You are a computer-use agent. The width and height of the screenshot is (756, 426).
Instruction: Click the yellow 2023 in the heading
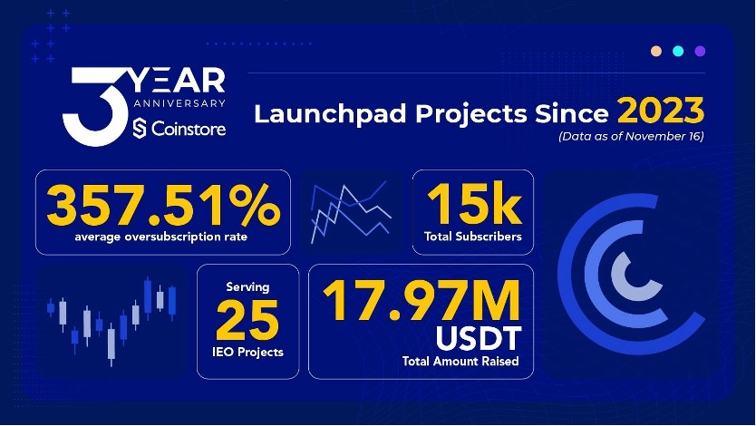click(x=661, y=111)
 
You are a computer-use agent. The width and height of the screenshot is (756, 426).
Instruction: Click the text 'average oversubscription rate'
click(x=161, y=237)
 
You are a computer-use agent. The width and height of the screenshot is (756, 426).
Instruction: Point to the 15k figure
click(x=473, y=204)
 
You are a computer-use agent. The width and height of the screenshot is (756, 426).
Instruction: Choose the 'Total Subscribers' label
click(x=473, y=237)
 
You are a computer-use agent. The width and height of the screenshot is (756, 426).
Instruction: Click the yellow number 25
click(x=247, y=320)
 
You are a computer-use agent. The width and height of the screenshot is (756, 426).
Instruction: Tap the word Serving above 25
click(x=247, y=287)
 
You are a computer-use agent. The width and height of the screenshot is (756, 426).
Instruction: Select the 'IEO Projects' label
click(x=247, y=353)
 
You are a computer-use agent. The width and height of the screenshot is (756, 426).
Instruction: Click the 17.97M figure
click(x=422, y=300)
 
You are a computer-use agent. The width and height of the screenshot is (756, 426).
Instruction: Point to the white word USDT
click(x=479, y=338)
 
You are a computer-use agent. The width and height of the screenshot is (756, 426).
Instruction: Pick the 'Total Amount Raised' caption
click(x=460, y=362)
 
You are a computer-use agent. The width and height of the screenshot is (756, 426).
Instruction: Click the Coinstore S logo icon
click(x=140, y=128)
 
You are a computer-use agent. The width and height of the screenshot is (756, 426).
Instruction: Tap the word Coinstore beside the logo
click(x=189, y=129)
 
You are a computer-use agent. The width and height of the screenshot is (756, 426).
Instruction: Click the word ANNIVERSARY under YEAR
click(x=179, y=103)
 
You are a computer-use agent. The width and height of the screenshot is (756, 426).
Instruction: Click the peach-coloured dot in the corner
click(x=656, y=51)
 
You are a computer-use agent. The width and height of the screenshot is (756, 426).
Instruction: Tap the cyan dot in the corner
click(x=678, y=51)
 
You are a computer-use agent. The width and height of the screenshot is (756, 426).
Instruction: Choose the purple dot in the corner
click(x=700, y=51)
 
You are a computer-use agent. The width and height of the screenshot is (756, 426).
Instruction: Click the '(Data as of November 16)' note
click(x=631, y=136)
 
